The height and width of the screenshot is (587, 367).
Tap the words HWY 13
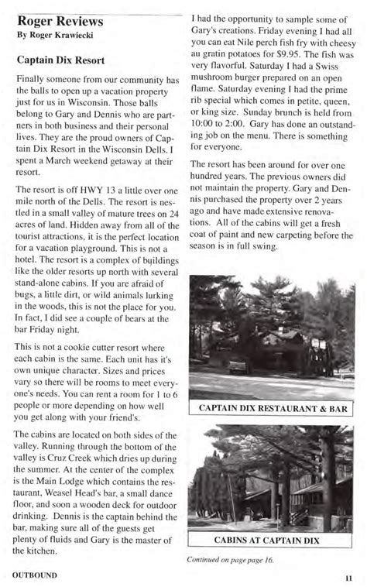(x=103, y=189)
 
